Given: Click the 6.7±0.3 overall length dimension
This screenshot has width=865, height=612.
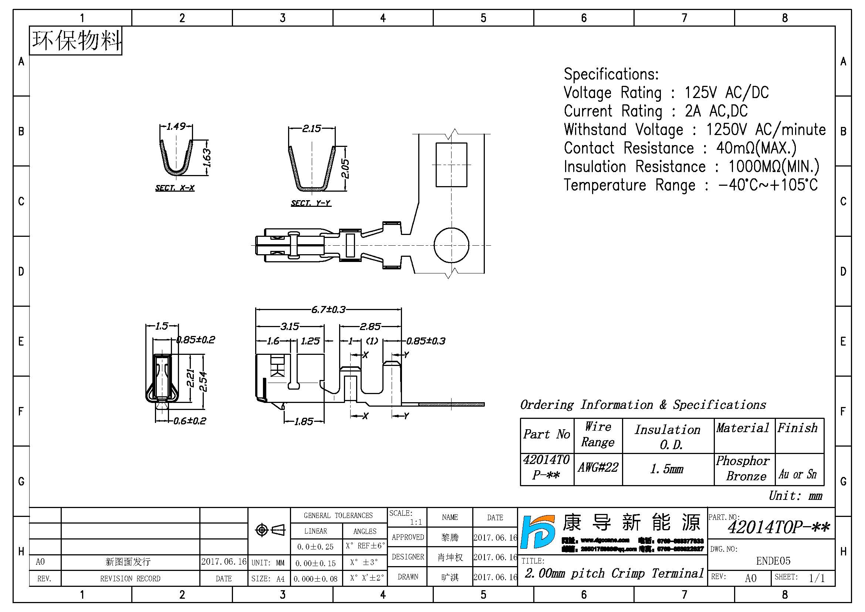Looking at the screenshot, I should click(328, 310).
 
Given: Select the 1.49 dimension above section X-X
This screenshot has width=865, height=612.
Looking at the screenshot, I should click(176, 126).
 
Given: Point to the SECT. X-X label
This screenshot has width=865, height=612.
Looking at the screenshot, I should click(175, 188).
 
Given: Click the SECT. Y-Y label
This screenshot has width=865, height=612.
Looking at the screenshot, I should click(311, 203).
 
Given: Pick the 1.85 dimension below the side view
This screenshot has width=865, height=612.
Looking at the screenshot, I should click(304, 421).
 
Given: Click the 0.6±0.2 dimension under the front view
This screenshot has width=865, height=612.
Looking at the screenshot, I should click(189, 421).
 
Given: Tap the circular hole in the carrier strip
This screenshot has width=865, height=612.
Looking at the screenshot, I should click(451, 245).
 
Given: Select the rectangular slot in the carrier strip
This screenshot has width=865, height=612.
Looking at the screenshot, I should click(451, 165).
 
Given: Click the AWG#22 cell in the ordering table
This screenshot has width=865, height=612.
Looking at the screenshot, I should click(598, 468).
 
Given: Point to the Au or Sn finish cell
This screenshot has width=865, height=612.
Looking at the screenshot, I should click(798, 474).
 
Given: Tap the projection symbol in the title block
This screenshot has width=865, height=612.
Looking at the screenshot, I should click(270, 530).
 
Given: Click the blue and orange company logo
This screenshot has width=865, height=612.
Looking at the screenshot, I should click(537, 532).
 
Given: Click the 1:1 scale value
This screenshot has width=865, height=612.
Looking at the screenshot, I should click(416, 522).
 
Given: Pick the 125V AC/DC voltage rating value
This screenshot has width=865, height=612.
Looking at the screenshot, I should click(726, 93).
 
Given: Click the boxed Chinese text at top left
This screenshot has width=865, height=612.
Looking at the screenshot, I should click(76, 41).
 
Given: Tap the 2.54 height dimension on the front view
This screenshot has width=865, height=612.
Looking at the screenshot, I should click(203, 381).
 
